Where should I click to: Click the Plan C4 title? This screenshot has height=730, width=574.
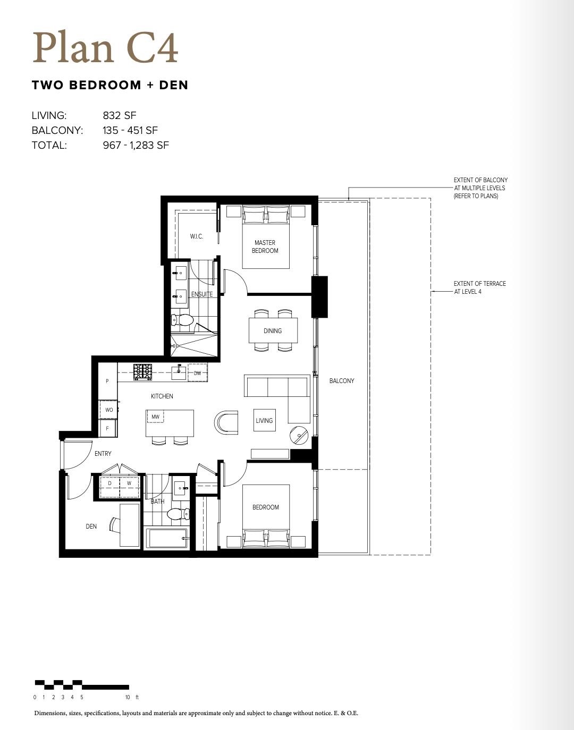(105, 48)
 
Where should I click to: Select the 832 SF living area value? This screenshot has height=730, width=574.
(120, 115)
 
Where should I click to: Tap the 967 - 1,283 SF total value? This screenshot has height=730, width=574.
(136, 145)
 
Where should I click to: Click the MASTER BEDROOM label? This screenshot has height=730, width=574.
(265, 247)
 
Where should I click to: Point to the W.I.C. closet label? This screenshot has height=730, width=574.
(196, 236)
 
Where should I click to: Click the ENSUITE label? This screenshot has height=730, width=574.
(202, 294)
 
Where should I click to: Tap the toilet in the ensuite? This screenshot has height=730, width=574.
(182, 320)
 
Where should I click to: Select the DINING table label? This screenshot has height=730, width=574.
(272, 331)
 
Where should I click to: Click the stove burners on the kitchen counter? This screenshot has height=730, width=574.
(142, 372)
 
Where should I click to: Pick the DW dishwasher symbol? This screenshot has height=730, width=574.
(197, 373)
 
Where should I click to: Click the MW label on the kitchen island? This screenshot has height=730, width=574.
(155, 417)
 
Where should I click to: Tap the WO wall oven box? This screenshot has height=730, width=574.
(108, 410)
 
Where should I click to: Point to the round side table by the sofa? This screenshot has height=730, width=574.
(299, 435)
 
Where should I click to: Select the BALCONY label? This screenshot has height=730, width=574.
(341, 381)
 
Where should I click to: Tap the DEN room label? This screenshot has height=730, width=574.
(91, 527)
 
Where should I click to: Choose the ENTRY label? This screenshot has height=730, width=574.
(103, 454)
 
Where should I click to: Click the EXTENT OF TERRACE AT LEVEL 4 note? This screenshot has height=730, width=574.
(479, 287)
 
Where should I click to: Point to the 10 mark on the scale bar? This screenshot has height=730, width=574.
(128, 697)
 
